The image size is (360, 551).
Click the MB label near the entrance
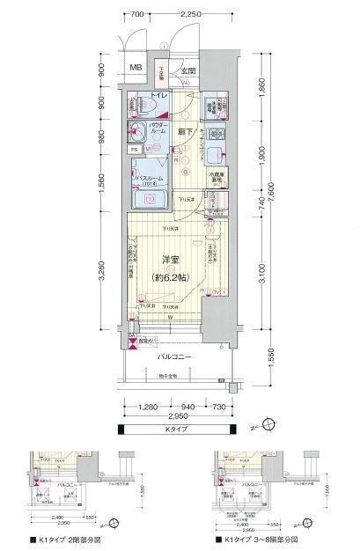[135, 69]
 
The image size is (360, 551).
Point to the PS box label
[134, 150]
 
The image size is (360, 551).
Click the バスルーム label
[151, 179]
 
